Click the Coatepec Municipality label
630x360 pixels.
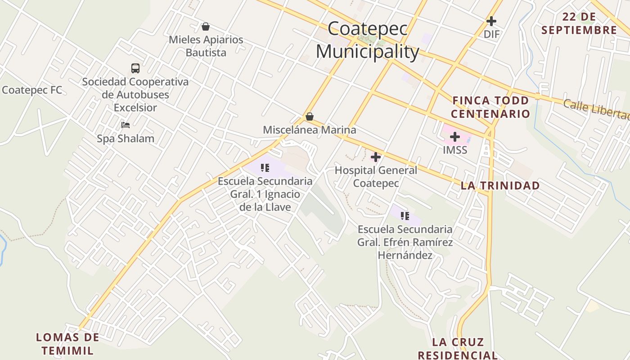368,40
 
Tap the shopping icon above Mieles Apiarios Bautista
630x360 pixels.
206,27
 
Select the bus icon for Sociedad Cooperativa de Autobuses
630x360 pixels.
135,68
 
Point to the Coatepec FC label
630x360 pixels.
32,90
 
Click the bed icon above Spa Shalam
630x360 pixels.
126,125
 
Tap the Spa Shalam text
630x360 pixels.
126,139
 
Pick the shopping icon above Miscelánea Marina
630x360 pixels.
310,117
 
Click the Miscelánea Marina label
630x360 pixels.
310,130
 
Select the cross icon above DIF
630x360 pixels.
491,21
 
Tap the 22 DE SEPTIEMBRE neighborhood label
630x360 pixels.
579,24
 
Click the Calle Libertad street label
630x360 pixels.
596,109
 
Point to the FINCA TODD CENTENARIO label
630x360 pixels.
490,107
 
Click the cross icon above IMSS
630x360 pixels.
455,137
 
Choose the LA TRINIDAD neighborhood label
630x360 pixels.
500,185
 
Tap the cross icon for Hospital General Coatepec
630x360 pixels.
376,157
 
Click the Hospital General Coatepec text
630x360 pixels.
376,177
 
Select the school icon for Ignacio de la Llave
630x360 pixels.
265,168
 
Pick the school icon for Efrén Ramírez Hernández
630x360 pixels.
405,216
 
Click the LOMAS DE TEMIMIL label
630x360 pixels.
67,344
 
